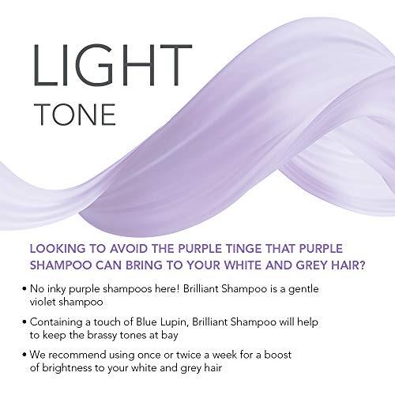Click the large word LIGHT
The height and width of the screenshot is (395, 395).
(x=82, y=63)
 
